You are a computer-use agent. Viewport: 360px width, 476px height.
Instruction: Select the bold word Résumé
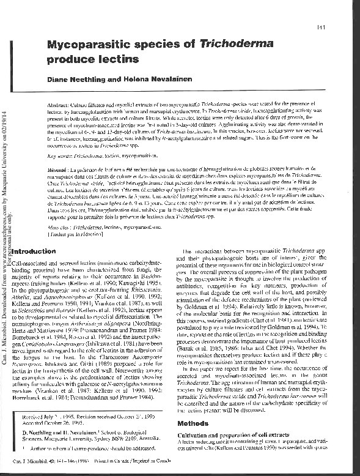(58, 168)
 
